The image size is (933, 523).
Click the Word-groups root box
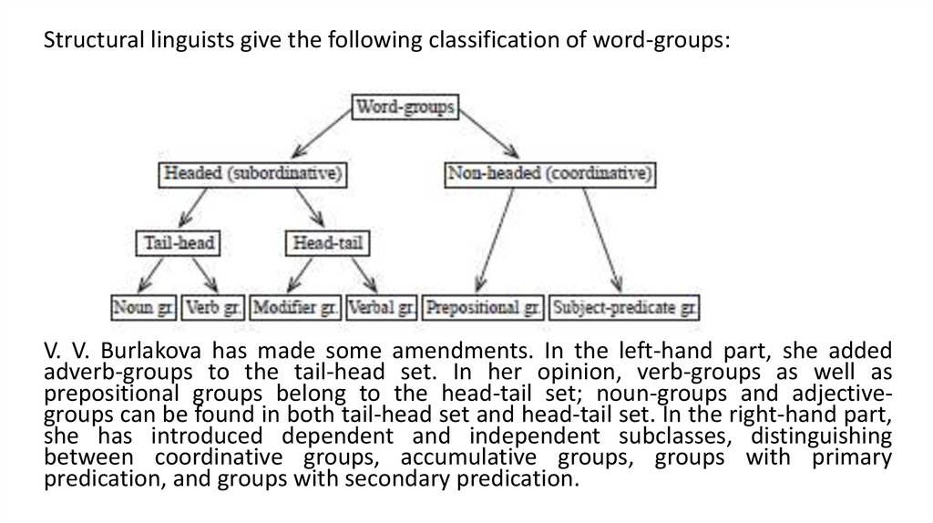405,108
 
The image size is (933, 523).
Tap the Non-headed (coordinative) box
550,172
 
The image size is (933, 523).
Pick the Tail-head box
180,243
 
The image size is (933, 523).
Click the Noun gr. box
144,307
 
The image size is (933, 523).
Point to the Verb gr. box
212,307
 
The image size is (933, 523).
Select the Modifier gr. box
296,307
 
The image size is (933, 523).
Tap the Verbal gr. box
382,307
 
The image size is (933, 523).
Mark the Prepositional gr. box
484,307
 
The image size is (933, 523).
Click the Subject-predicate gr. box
625,307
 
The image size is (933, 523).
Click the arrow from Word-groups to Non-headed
488,138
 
